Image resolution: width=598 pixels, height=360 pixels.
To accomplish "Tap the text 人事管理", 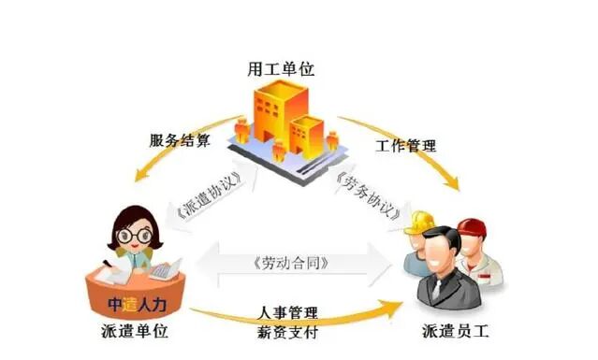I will [x=290, y=310].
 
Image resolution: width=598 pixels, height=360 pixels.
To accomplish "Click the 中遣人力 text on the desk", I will [x=136, y=301].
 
